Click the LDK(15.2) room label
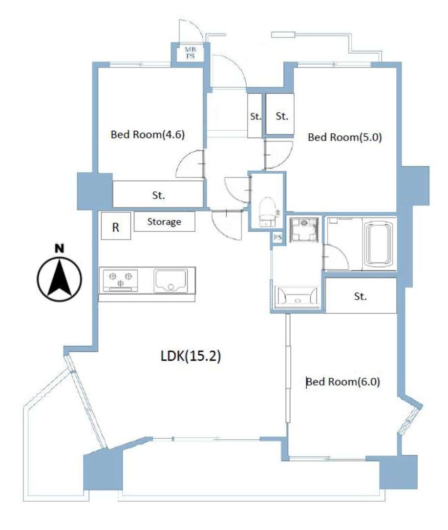[191, 356]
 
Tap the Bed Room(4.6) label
[148, 135]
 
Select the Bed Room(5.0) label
[344, 137]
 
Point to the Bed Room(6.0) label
[343, 382]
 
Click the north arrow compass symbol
[59, 279]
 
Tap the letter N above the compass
[59, 248]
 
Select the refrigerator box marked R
[116, 226]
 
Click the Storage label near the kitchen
[164, 222]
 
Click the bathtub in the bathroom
[379, 243]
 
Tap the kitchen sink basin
[171, 281]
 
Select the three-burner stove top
[120, 280]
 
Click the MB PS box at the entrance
[191, 53]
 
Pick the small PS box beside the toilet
[277, 237]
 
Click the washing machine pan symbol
[304, 230]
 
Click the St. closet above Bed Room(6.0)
[361, 296]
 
